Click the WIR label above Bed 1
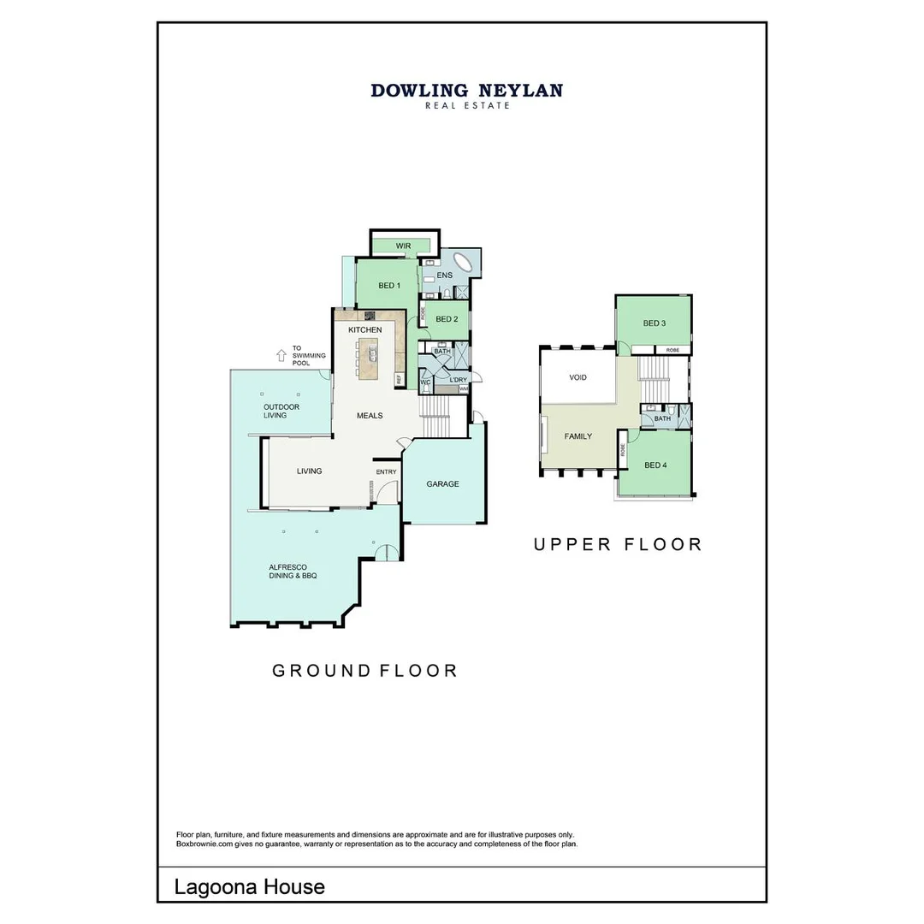404,246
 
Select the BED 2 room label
447,320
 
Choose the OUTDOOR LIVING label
281,411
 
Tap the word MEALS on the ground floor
370,416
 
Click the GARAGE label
443,484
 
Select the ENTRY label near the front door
386,471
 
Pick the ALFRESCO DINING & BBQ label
293,572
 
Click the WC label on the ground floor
424,382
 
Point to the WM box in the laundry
464,388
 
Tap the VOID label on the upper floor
578,377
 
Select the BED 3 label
654,323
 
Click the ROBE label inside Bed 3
673,350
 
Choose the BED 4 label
654,465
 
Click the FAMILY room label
578,436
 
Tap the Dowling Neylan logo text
466,91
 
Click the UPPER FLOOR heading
618,544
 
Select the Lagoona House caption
250,886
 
